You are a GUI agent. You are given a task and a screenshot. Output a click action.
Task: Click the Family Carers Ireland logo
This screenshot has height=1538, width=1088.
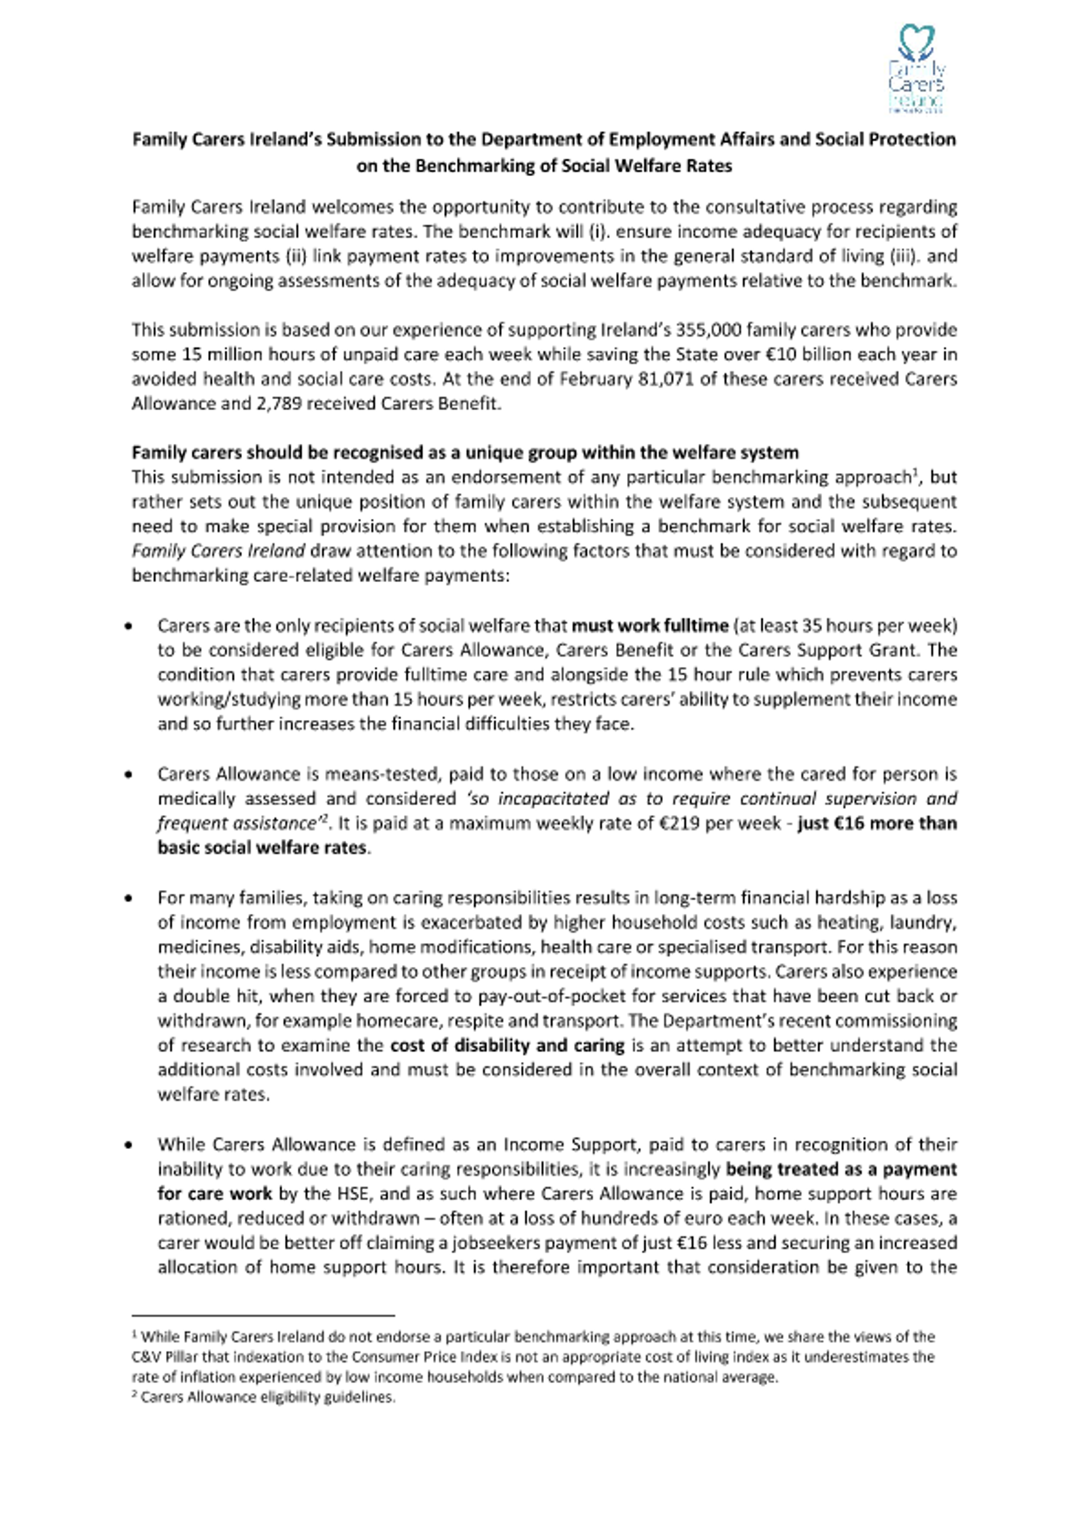point(916,68)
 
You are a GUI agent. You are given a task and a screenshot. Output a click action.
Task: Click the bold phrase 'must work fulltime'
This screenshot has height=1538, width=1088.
point(649,625)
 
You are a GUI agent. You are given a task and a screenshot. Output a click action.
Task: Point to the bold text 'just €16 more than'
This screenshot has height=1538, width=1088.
point(877,823)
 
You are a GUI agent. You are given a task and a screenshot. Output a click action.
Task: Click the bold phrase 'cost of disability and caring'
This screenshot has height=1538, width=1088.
point(507,1045)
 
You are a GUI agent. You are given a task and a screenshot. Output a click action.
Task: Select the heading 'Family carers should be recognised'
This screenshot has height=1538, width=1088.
point(464,452)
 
